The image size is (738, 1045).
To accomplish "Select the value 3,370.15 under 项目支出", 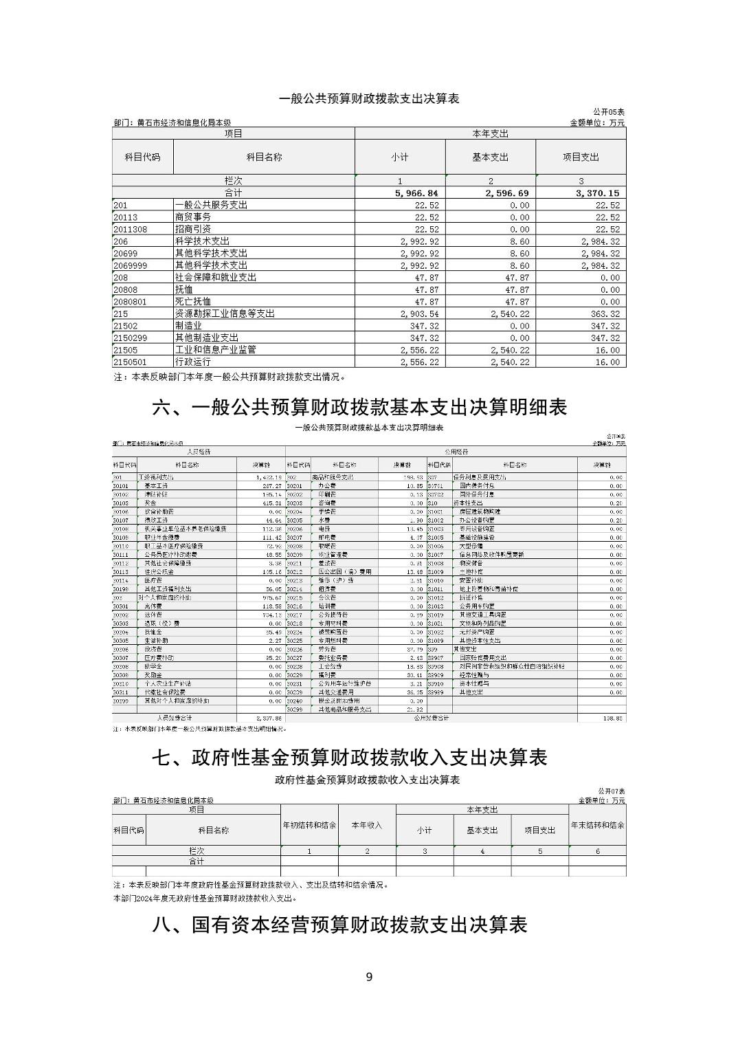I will pos(597,193).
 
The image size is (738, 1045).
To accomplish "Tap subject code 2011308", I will pos(131,229).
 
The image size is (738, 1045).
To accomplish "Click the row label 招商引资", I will pos(193,229).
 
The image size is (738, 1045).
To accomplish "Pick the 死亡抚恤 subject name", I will pos(193,302).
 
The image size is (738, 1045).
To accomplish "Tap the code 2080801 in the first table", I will pos(131,302).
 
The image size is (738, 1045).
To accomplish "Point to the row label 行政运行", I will pos(193,362).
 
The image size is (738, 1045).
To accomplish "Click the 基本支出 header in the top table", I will pos(490,157).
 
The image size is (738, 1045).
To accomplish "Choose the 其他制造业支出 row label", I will pos(207,338).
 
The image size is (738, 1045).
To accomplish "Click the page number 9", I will pos(369,977).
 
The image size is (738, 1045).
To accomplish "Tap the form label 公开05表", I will pos(609,112).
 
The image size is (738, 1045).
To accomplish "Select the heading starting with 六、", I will pos(359,408).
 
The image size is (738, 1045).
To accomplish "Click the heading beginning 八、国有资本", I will pos(339,925).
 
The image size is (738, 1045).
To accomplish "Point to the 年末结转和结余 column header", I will pos(597,825).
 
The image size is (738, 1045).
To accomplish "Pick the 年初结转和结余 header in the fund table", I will pos(309,825).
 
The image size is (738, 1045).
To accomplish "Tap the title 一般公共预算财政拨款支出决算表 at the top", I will pos(369,99).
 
